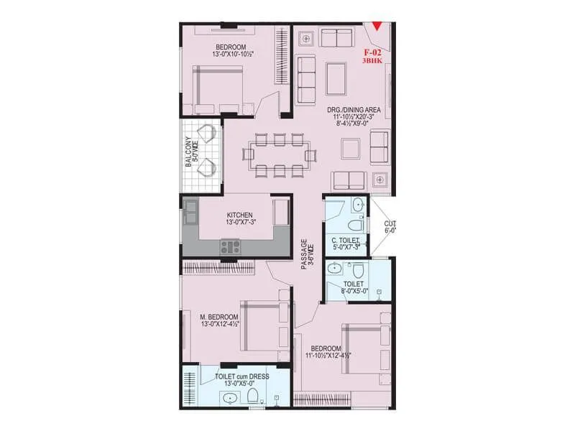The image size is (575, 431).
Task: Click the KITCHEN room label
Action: pyautogui.click(x=239, y=215)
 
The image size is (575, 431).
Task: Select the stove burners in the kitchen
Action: pyautogui.click(x=231, y=247)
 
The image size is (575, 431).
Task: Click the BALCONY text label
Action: pyautogui.click(x=188, y=152)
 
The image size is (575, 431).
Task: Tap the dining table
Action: pyautogui.click(x=279, y=154)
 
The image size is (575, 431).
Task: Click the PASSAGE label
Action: pyautogui.click(x=304, y=254)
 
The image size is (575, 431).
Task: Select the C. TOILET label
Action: pyautogui.click(x=346, y=240)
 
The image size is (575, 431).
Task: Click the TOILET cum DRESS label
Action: pyautogui.click(x=239, y=376)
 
